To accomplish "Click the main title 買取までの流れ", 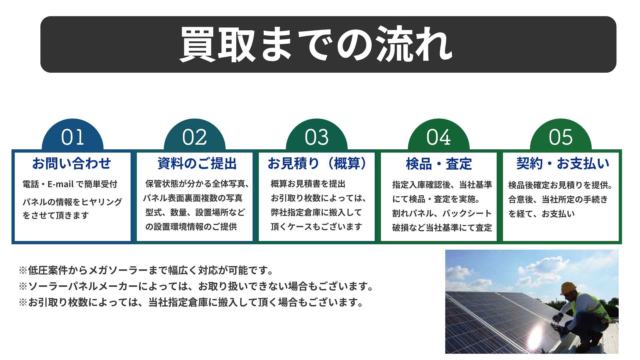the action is pos(316,44).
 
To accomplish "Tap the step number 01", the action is pos(72,137).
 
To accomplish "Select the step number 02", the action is pos(194,137).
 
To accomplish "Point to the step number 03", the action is pos(317,137).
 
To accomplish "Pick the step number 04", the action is pos(439,137).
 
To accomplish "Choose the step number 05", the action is pos(561,137).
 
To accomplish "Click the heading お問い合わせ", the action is pos(71,163).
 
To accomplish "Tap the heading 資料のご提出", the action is pos(197,164).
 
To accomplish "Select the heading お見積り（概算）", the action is pos(317,164).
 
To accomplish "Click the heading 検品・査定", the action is pos(439,164).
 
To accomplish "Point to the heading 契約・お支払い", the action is pos(563,163).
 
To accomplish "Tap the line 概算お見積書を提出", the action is pos(308,184).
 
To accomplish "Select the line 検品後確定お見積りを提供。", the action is pos(560,185).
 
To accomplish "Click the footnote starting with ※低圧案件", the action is pos(146,270).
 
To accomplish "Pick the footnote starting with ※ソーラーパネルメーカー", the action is pos(196,286).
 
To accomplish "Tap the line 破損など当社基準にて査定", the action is pos(442,228).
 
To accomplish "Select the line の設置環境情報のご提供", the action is pos(191,227).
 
